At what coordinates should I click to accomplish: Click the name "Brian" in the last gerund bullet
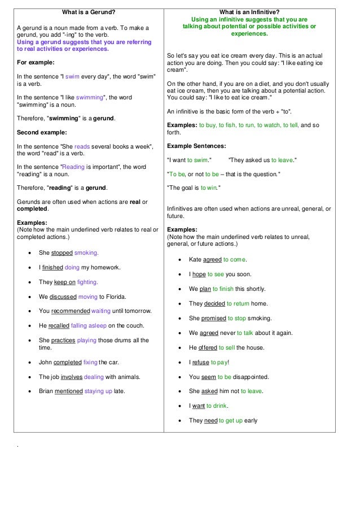(x=47, y=391)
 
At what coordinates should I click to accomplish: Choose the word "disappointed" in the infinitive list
(x=251, y=377)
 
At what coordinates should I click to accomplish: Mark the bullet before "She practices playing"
(x=29, y=341)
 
